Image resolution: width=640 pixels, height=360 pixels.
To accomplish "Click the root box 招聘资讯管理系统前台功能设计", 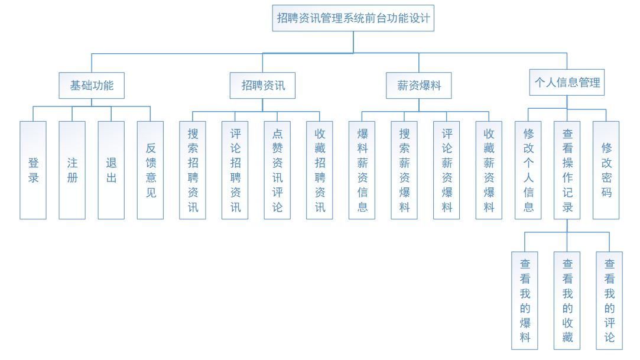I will [x=353, y=18].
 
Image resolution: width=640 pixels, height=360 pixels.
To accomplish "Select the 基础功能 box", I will [x=92, y=85].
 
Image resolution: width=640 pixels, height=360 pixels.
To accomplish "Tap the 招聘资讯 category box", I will [x=262, y=85].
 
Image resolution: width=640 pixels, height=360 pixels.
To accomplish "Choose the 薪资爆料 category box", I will [x=419, y=85].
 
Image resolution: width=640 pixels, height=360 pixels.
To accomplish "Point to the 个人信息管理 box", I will [x=567, y=82].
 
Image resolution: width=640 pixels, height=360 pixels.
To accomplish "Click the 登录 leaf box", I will [x=33, y=170].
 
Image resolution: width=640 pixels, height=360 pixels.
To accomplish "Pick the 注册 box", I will [x=72, y=170].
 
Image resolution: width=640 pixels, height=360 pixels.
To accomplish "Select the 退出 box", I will [x=111, y=170].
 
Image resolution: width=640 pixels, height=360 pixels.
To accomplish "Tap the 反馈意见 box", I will [x=150, y=170].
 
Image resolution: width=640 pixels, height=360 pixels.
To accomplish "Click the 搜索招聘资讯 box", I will [x=193, y=170].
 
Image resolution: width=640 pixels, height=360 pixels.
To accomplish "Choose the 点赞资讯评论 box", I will [x=277, y=170].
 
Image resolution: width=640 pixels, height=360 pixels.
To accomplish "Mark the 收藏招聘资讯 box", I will [x=320, y=170].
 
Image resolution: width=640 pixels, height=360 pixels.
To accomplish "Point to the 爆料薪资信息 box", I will [x=362, y=170].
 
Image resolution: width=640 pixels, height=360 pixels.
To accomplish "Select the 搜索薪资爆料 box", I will [x=404, y=170].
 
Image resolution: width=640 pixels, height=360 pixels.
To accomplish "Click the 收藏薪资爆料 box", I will [x=489, y=170].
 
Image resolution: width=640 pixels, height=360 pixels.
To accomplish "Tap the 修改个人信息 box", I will [x=528, y=170].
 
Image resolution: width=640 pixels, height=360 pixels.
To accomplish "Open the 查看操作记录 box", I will [x=567, y=170].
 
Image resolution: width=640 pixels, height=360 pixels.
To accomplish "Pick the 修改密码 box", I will [x=606, y=170].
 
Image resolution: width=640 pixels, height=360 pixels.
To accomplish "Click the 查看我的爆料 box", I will [x=525, y=300].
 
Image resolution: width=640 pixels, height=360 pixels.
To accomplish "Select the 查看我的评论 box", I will [x=609, y=300].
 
